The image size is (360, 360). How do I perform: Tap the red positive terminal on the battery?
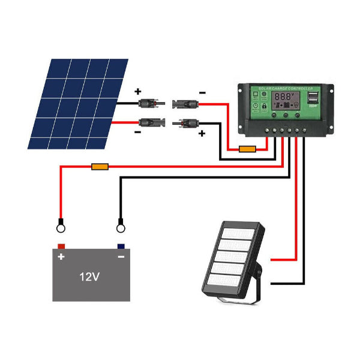pyautogui.click(x=61, y=246)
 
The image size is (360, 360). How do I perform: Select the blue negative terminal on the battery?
pyautogui.click(x=121, y=246)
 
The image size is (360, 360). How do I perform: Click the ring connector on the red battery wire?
pyautogui.click(x=61, y=227)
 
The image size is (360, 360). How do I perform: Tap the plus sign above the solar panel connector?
pyautogui.click(x=137, y=92)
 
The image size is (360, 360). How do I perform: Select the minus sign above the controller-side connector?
pyautogui.click(x=202, y=92)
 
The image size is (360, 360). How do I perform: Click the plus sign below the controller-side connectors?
pyautogui.click(x=202, y=133)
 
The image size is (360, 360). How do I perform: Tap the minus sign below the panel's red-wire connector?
pyautogui.click(x=137, y=131)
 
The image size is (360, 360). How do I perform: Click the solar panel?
pyautogui.click(x=78, y=103)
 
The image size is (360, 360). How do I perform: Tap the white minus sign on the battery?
pyautogui.click(x=121, y=257)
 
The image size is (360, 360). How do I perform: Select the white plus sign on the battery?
pyautogui.click(x=61, y=257)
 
